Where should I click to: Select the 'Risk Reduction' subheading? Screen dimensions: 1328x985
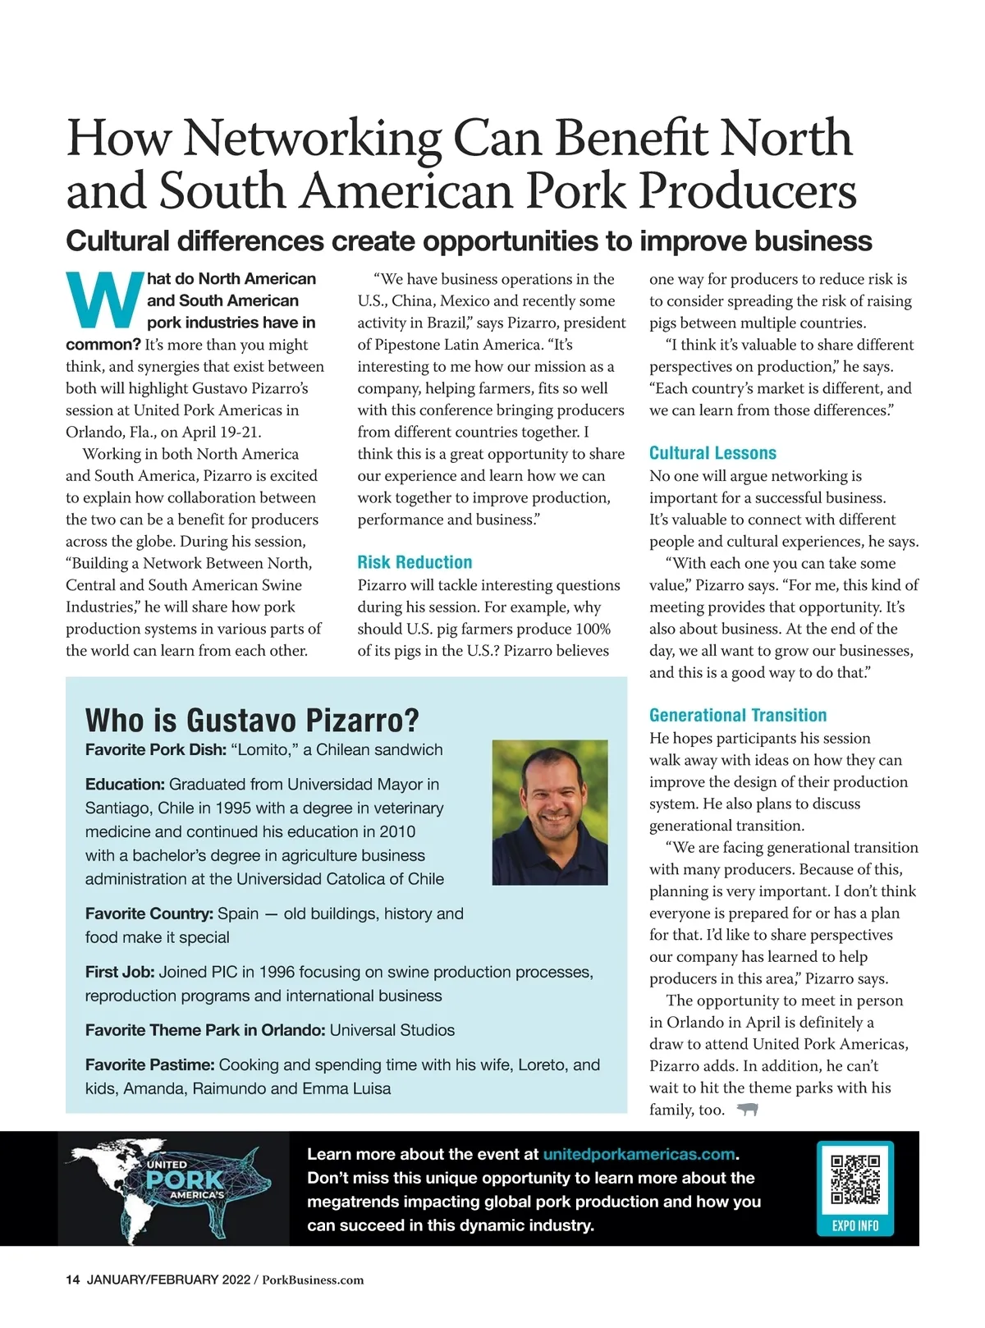[x=415, y=562]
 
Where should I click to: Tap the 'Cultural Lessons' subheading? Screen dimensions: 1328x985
[x=712, y=453]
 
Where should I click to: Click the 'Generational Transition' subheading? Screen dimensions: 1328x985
[x=738, y=715]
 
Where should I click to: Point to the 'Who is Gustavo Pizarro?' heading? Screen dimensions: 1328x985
[x=252, y=720]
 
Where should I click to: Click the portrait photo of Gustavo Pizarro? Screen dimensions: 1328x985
[x=550, y=813]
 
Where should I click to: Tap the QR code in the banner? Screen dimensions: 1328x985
[x=855, y=1179]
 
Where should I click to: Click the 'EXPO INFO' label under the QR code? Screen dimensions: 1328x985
[x=855, y=1225]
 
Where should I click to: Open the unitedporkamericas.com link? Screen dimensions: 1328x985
[x=639, y=1154]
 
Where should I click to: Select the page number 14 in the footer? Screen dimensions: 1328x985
[x=72, y=1280]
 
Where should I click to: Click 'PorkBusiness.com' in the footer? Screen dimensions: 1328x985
[x=313, y=1280]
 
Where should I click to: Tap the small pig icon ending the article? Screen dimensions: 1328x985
[x=747, y=1110]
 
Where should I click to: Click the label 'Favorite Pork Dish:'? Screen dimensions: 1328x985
[x=155, y=749]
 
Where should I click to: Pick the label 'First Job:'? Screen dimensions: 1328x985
[x=119, y=972]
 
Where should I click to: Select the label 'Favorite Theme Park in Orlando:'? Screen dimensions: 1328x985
[x=205, y=1030]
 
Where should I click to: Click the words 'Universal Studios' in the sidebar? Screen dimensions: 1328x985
[x=392, y=1030]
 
